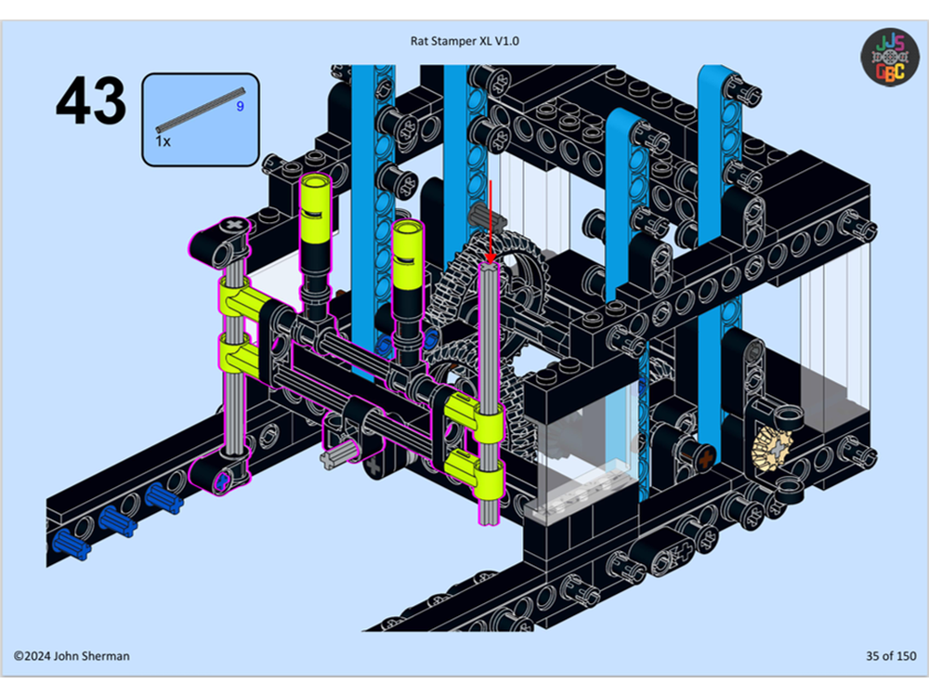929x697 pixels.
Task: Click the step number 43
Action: [x=90, y=102]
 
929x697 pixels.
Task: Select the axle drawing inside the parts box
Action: [x=200, y=109]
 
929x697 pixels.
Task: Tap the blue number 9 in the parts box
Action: [x=240, y=107]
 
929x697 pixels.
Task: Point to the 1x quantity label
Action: [x=163, y=141]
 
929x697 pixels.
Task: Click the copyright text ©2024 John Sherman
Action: [x=72, y=656]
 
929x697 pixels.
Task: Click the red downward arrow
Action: [x=490, y=223]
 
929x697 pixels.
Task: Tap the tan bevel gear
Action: [x=770, y=452]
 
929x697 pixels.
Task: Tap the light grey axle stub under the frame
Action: [x=340, y=454]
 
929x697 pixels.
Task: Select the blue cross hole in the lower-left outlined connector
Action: [x=220, y=480]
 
